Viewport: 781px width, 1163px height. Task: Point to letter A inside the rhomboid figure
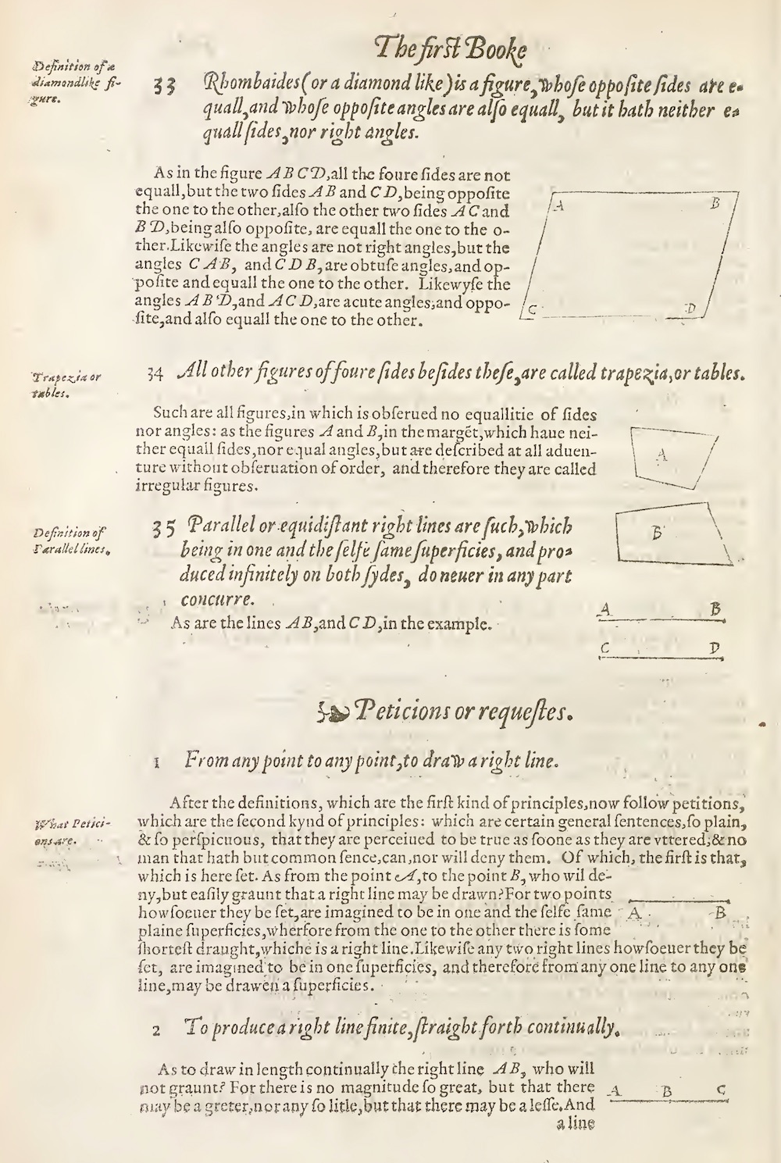tap(558, 206)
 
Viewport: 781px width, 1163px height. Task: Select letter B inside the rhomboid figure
tap(715, 203)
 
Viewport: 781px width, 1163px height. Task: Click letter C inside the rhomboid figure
tap(532, 309)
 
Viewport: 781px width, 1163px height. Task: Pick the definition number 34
tap(155, 373)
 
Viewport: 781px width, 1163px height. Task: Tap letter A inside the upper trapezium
tap(662, 452)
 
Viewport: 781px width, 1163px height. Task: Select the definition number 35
tap(163, 527)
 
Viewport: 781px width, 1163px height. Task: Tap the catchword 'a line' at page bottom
tap(576, 1125)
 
